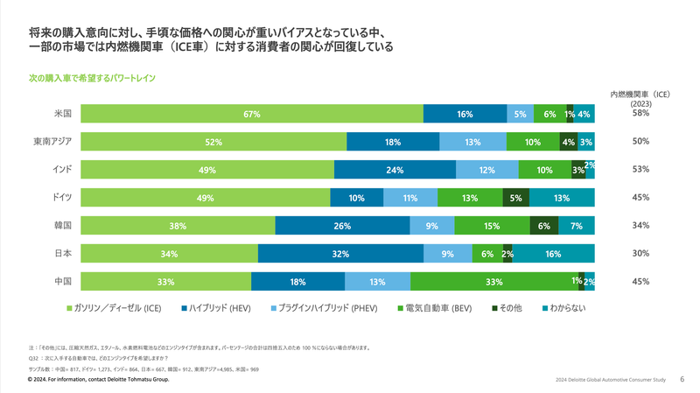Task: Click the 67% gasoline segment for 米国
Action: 252,114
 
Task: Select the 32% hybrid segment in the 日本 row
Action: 340,254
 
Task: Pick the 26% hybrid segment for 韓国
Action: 342,226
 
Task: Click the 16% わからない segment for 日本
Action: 553,254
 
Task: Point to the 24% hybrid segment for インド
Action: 395,170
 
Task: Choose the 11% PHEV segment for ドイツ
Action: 409,198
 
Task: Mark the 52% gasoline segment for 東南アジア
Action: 213,142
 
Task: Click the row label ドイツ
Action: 63,197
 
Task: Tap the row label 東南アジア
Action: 52,141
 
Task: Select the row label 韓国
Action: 63,225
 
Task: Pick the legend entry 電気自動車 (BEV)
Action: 437,308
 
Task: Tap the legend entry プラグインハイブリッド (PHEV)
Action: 328,308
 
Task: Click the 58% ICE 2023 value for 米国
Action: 640,114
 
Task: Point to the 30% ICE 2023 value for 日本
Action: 640,254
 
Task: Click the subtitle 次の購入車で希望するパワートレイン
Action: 93,78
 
